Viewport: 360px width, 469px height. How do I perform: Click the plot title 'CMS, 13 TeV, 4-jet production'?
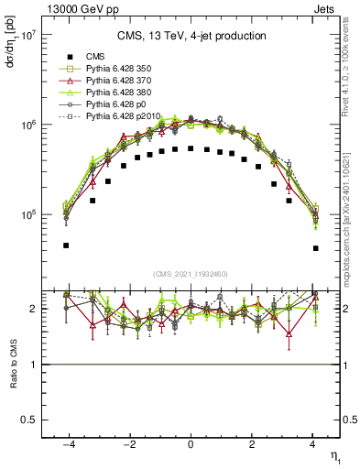191,37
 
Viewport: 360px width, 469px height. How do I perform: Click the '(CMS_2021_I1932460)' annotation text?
191,273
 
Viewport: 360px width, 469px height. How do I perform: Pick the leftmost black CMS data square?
67,245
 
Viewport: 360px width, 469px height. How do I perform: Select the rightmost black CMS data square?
314,248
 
